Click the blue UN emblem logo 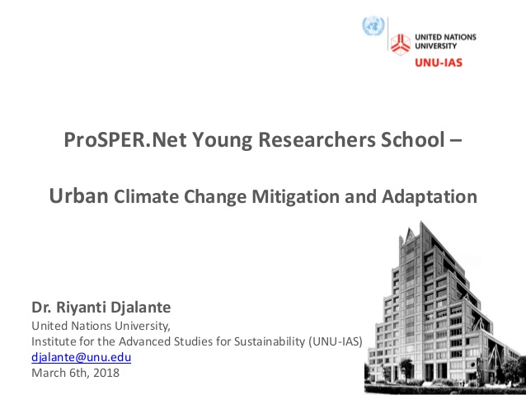373,26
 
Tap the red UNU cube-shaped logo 400,44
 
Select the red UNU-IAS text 439,63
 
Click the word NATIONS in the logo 459,37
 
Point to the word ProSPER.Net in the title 124,139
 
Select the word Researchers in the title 317,139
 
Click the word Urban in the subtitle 78,195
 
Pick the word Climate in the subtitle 146,196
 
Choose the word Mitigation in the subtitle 295,197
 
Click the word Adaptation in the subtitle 430,197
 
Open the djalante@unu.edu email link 81,357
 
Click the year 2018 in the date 106,373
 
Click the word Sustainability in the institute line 270,341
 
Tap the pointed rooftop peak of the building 421,222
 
